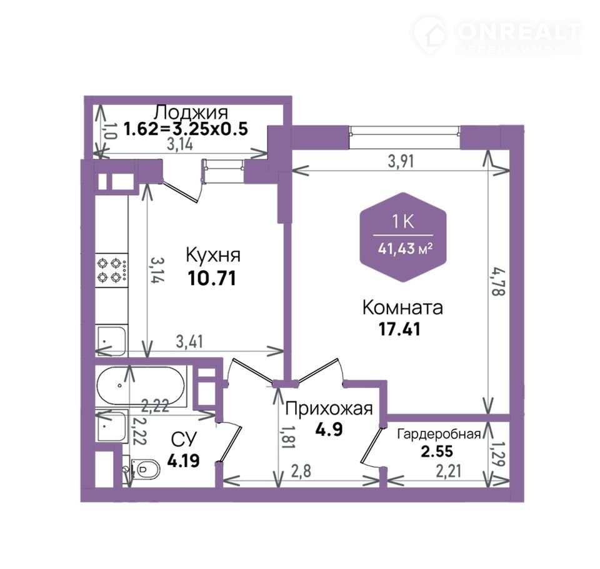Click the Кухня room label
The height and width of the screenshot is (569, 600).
pyautogui.click(x=213, y=255)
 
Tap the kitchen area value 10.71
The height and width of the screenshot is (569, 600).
pyautogui.click(x=212, y=278)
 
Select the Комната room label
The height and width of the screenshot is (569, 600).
pyautogui.click(x=402, y=308)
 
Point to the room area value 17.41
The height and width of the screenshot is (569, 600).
pyautogui.click(x=399, y=329)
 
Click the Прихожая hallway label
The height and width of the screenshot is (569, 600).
pyautogui.click(x=329, y=408)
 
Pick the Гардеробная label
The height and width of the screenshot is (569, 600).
pyautogui.click(x=439, y=434)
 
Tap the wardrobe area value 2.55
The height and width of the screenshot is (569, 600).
pyautogui.click(x=437, y=451)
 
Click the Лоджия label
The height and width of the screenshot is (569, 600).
pyautogui.click(x=191, y=113)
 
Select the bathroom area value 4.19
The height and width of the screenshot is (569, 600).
pyautogui.click(x=183, y=460)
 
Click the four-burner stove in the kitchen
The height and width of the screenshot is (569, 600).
pyautogui.click(x=111, y=269)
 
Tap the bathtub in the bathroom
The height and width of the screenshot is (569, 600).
pyautogui.click(x=141, y=385)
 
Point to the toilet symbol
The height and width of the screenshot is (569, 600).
pyautogui.click(x=143, y=469)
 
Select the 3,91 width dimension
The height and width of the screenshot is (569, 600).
pyautogui.click(x=401, y=161)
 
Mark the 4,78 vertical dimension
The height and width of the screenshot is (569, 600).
pyautogui.click(x=499, y=282)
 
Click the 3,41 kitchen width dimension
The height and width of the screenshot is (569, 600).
pyautogui.click(x=189, y=341)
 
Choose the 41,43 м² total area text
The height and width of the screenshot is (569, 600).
pyautogui.click(x=405, y=249)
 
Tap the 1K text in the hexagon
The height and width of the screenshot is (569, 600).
pyautogui.click(x=403, y=222)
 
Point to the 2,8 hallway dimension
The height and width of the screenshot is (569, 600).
pyautogui.click(x=301, y=471)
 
